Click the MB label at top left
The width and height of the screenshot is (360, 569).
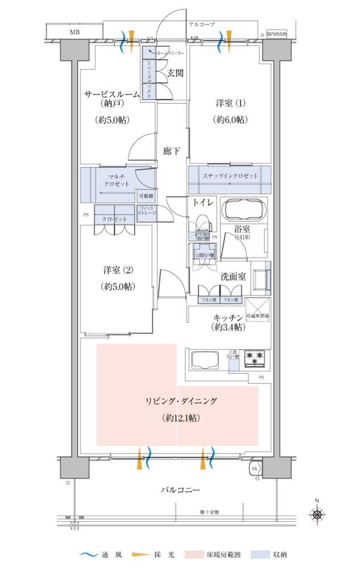75,32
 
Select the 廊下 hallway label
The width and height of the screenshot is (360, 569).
171,151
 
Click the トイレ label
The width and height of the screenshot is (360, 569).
202,202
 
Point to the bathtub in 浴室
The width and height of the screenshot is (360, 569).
243,212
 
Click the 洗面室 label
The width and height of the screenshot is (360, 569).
233,277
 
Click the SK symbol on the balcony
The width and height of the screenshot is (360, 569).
255,469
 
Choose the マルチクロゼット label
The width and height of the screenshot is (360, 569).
116,180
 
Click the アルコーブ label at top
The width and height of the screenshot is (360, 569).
201,24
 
